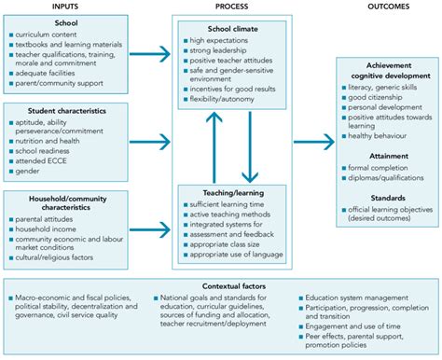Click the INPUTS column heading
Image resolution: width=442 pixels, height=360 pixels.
pyautogui.click(x=63, y=6)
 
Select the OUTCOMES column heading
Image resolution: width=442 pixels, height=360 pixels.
pyautogui.click(x=381, y=6)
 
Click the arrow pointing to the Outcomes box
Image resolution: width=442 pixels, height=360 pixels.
pyautogui.click(x=307, y=143)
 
